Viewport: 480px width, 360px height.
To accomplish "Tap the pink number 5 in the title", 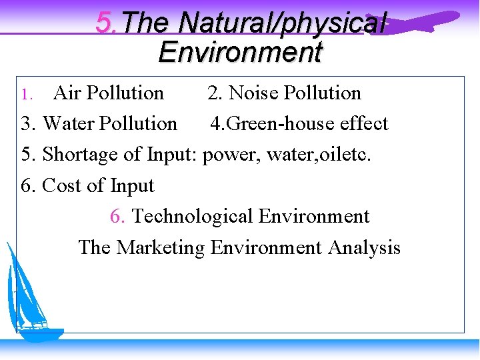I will click(103, 23).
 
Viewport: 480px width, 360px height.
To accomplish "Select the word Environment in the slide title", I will click(240, 51).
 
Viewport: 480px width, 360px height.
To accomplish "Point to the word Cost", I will click(62, 186).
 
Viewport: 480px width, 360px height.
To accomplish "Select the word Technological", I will click(193, 217).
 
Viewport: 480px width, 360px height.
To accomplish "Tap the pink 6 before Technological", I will click(117, 217).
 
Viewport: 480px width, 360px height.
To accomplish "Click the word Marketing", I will click(161, 248).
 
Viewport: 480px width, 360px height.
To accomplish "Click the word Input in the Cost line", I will click(132, 186).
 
